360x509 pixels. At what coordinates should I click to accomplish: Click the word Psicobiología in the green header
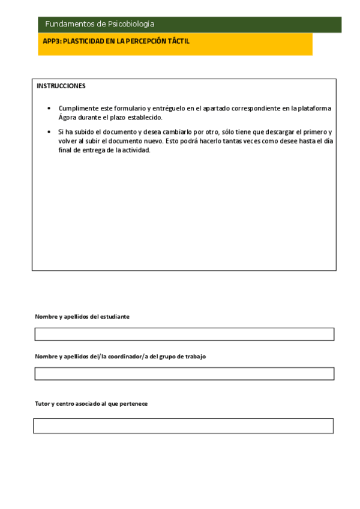tap(131, 24)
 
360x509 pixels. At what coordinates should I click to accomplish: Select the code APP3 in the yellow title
tap(51, 41)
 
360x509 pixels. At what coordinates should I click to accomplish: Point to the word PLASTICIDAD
tap(82, 41)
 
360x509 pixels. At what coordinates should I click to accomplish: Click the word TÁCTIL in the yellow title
tap(178, 41)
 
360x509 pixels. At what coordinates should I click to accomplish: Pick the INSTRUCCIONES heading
tap(61, 86)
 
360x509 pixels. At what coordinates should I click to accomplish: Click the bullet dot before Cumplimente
tap(49, 109)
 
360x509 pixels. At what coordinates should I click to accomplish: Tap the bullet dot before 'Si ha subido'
tap(49, 131)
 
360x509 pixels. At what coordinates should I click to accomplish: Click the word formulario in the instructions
tap(123, 109)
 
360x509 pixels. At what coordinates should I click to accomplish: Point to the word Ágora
tap(68, 118)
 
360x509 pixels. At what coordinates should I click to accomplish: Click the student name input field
tap(184, 334)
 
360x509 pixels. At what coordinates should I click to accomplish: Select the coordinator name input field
tap(184, 373)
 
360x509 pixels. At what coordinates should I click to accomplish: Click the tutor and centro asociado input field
tap(183, 426)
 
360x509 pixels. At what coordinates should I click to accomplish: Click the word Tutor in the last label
tap(42, 404)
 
